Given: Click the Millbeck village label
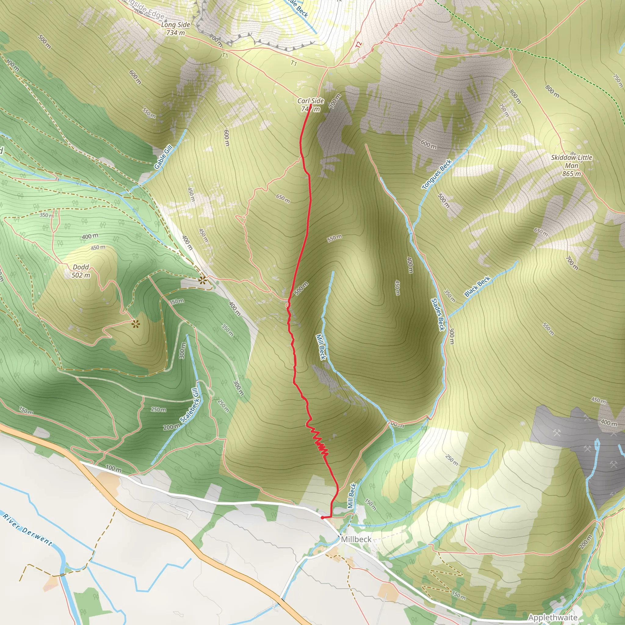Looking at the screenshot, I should point(356,539).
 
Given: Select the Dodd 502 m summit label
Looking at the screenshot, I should point(81,271).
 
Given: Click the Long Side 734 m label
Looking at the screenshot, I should point(175,28).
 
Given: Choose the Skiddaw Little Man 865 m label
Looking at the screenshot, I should point(572,166).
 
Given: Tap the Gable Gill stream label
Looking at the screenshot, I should point(163,157).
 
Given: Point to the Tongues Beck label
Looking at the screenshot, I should point(437,174).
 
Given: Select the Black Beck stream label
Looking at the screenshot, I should point(477,286).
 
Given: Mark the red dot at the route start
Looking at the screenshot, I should point(322,518).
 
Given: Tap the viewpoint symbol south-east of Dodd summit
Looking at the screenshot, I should point(135,323).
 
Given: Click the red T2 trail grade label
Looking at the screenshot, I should point(359,45).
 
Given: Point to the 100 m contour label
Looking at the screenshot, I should point(114,468).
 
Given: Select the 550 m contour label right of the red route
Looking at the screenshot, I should point(334,238).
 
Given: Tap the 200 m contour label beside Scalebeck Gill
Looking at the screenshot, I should point(172,427).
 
